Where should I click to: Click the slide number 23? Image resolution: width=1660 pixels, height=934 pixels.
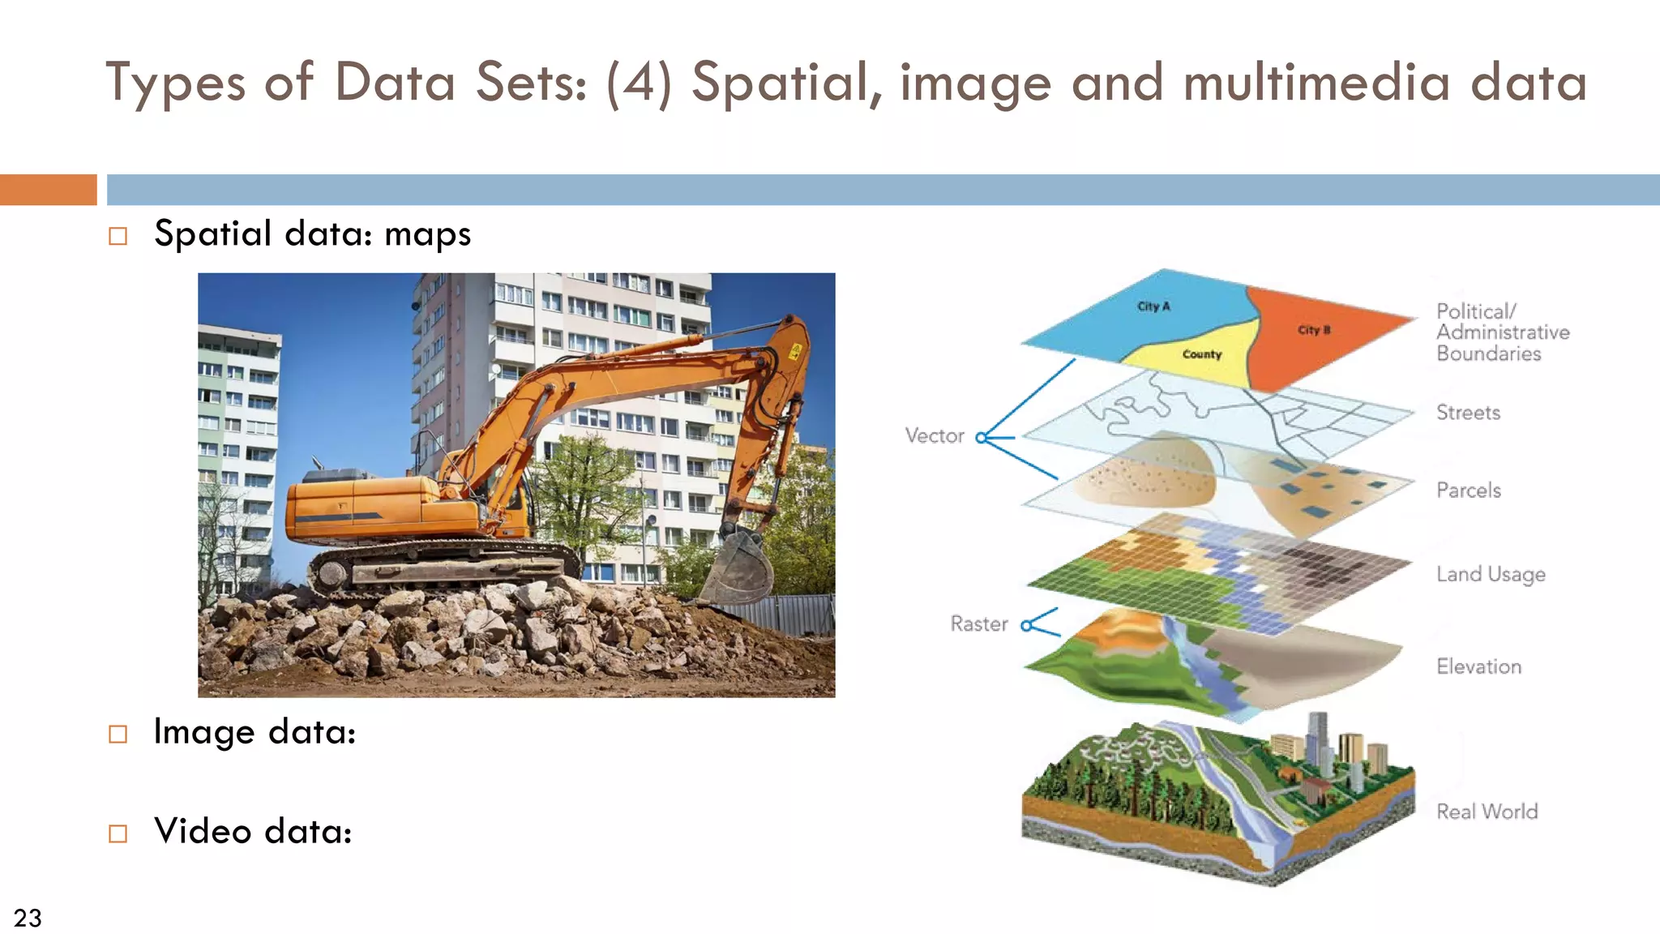28,918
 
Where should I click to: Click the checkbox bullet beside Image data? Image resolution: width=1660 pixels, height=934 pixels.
118,735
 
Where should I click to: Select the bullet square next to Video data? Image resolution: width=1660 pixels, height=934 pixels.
118,833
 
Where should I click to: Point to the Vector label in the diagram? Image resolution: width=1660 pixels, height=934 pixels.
935,436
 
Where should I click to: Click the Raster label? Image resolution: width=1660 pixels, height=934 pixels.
979,624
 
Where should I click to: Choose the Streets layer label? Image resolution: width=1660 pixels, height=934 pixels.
1468,413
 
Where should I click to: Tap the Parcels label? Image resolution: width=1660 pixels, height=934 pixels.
1469,491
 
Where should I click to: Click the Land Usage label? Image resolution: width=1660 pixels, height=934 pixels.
1491,575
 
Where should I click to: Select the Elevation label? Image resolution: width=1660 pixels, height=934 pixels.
1479,666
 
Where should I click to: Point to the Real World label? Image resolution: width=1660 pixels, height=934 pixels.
1487,812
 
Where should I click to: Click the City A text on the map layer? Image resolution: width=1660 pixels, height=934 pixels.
1153,306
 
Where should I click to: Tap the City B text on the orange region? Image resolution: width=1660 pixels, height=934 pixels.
1314,330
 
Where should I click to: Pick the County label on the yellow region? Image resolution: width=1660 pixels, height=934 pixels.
1201,354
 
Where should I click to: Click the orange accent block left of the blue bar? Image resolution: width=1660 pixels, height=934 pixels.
49,190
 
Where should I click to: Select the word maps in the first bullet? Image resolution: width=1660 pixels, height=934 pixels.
427,235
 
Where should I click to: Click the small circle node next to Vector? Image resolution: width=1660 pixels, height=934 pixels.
982,438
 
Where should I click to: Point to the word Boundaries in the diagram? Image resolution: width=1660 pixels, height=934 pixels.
1489,353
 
